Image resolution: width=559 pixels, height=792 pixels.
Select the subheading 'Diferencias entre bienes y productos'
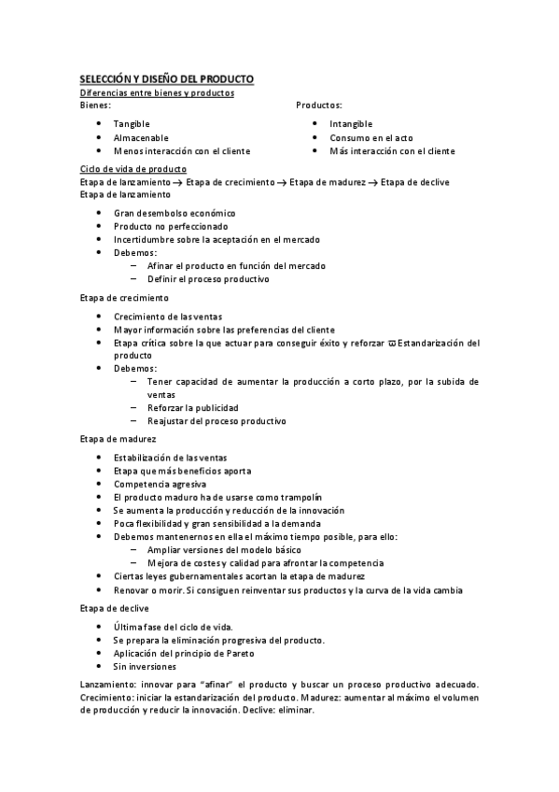(156, 92)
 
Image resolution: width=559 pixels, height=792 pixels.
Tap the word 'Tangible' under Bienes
(132, 123)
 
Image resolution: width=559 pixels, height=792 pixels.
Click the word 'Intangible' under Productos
(351, 123)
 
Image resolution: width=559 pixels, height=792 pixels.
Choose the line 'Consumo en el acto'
(371, 137)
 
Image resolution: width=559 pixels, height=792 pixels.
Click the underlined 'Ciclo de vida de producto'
(133, 168)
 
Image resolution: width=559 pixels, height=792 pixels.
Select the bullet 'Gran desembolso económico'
(175, 213)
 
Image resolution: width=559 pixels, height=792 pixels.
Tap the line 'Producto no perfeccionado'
(170, 226)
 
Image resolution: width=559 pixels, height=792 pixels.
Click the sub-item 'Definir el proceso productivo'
(208, 278)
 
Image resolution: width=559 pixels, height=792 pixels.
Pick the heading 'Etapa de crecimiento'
(124, 298)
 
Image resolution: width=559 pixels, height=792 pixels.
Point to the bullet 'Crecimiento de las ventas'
(168, 317)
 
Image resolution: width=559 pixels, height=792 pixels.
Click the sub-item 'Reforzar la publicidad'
(192, 407)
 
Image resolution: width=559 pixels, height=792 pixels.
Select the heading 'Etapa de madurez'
(118, 438)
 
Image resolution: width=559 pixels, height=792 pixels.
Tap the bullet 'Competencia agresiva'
(160, 484)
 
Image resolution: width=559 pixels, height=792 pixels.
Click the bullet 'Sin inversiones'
(145, 667)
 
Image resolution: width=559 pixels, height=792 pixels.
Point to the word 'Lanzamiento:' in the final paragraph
(105, 685)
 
